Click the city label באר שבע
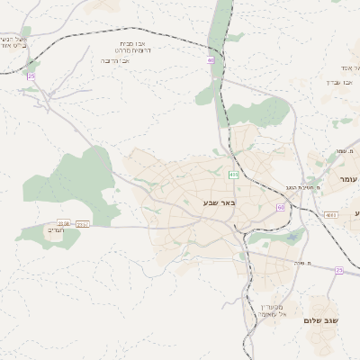[x=219, y=204]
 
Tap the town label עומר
[x=347, y=180]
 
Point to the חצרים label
[x=55, y=230]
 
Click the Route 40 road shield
[x=211, y=60]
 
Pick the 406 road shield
[x=234, y=174]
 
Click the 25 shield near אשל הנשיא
[x=31, y=76]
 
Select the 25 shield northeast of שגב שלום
[x=338, y=270]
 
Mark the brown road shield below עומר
[x=331, y=215]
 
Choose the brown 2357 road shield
[x=83, y=223]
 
